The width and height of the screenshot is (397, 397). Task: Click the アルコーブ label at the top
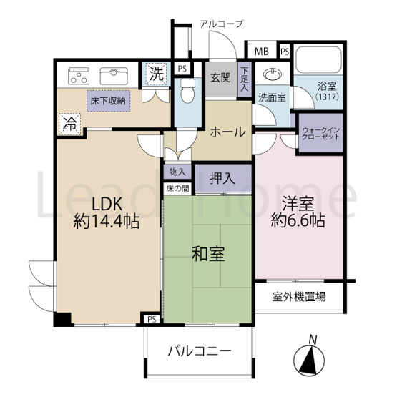tap(221, 24)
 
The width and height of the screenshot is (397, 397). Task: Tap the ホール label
tap(227, 132)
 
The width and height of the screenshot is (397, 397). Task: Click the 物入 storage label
tap(177, 172)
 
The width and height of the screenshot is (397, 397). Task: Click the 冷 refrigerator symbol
tap(69, 122)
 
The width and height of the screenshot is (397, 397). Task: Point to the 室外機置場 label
tap(300, 295)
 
